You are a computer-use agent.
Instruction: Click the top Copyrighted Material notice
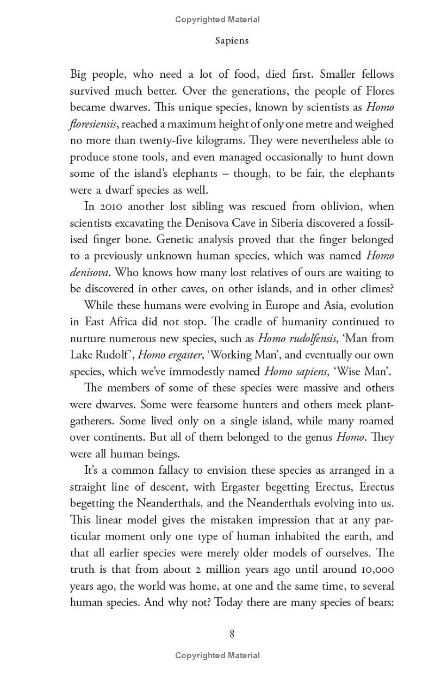click(217, 20)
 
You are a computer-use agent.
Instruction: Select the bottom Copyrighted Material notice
click(217, 656)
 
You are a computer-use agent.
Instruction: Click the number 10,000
click(375, 569)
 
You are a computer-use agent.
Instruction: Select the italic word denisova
click(89, 273)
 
